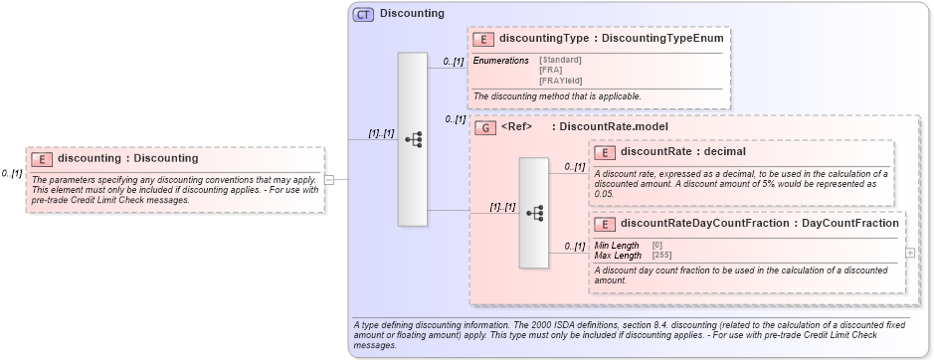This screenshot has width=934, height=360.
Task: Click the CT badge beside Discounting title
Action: click(x=363, y=14)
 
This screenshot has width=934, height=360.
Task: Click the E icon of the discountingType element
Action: click(x=483, y=39)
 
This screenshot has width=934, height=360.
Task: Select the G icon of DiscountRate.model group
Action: click(x=485, y=126)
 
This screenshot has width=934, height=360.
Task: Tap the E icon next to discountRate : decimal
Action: click(x=605, y=152)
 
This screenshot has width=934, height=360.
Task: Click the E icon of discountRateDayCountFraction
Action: click(x=605, y=224)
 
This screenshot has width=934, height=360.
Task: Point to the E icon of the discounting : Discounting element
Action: click(x=42, y=158)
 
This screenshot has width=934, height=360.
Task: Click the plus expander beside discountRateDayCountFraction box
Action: click(x=910, y=253)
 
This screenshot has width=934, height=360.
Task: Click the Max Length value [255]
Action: click(x=661, y=255)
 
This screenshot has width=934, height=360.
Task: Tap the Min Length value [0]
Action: click(x=656, y=245)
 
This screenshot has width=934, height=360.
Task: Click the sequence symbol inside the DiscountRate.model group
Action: click(x=533, y=213)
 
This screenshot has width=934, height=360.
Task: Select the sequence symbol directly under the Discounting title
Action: click(x=412, y=139)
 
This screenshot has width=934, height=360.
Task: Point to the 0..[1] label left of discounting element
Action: click(x=12, y=173)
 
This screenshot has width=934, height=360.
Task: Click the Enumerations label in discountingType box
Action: click(x=500, y=61)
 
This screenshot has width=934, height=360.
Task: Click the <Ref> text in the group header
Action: click(x=517, y=126)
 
